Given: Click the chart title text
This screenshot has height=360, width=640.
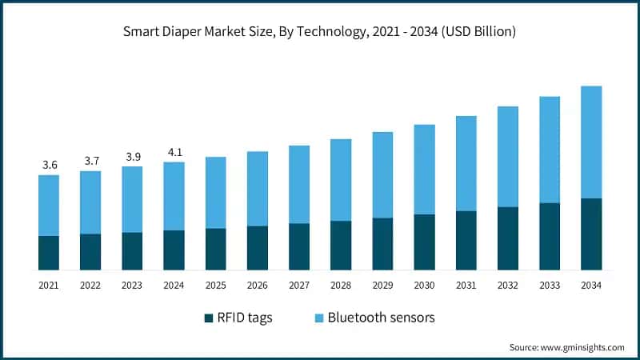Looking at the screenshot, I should [319, 33].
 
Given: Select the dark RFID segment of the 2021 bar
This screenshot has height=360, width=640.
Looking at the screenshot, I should [49, 253].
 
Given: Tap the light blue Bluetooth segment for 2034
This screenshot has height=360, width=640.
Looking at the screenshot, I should [591, 142].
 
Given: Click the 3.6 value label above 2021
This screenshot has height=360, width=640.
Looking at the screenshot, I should [50, 165].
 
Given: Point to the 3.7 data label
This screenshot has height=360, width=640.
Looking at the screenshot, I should [90, 161].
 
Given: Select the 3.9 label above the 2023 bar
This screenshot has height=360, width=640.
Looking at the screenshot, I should [132, 156].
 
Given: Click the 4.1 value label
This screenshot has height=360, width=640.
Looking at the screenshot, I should [174, 152].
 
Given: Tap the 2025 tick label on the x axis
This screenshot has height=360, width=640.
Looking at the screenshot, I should [215, 285].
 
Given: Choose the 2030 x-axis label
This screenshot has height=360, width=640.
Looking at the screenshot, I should [424, 285].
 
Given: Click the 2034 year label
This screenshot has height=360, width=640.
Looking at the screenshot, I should [591, 285].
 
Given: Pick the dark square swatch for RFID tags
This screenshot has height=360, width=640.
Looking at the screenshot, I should [210, 318].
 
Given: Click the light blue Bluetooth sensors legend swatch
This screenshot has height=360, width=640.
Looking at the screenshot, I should [320, 318].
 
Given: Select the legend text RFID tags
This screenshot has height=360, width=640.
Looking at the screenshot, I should [246, 318].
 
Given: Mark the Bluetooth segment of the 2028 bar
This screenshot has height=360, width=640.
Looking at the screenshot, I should [341, 180].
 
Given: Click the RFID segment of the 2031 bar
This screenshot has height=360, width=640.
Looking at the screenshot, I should [466, 240].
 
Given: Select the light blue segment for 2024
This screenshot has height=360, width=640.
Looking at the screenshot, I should [174, 196].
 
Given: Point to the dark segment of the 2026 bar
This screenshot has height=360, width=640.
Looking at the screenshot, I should [258, 248].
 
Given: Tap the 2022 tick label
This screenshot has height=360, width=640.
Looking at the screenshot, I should [90, 285].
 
